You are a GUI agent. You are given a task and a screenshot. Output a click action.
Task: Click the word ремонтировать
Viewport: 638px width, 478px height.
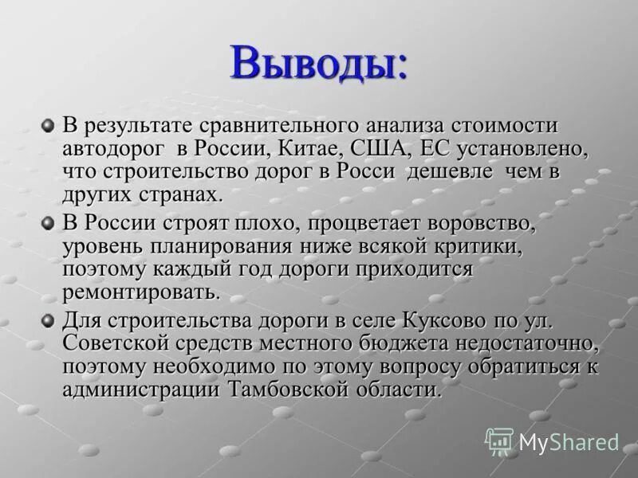point(140,292)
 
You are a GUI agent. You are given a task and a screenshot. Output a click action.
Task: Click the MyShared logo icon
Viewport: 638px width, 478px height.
point(499,441)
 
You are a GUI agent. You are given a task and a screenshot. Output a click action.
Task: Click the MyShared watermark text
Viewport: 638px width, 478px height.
point(569,442)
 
